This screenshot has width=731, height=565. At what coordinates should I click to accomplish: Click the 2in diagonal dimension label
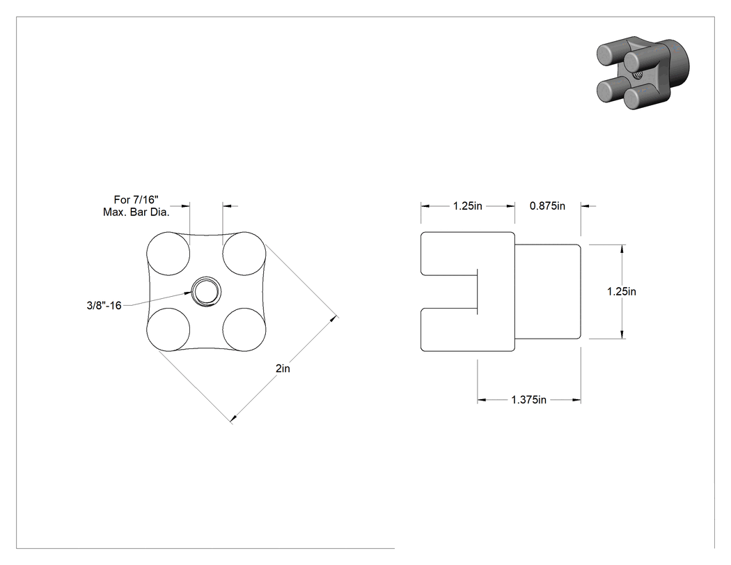[x=283, y=369]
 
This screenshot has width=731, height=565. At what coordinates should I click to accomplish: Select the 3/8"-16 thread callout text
[x=104, y=306]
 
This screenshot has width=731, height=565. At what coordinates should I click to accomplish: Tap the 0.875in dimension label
[x=547, y=206]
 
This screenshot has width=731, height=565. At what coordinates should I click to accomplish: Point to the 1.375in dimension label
[x=528, y=400]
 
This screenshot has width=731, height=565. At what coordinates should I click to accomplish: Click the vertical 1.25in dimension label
[x=622, y=292]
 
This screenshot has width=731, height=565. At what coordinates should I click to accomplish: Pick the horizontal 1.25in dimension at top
[x=468, y=206]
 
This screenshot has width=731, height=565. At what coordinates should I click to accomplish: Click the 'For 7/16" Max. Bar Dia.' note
[x=136, y=206]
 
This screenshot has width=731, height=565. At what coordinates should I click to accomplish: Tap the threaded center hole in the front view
[x=205, y=292]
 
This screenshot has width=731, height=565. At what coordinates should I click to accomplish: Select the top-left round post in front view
[x=168, y=254]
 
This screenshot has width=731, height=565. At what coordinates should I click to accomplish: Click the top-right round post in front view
[x=244, y=254]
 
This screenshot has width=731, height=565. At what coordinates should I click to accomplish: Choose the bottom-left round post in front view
[x=168, y=330]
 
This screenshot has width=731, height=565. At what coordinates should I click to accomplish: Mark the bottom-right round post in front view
[x=244, y=330]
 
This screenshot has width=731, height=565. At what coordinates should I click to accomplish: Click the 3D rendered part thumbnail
[x=643, y=72]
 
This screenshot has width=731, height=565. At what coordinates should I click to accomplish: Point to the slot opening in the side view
[x=449, y=292]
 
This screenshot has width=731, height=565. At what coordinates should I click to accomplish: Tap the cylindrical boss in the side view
[x=548, y=292]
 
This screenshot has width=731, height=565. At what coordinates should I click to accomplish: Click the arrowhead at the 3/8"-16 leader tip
[x=189, y=293]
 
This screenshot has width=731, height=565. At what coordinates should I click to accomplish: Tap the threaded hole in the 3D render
[x=636, y=74]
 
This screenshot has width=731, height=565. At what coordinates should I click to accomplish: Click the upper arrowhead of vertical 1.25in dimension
[x=622, y=249]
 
